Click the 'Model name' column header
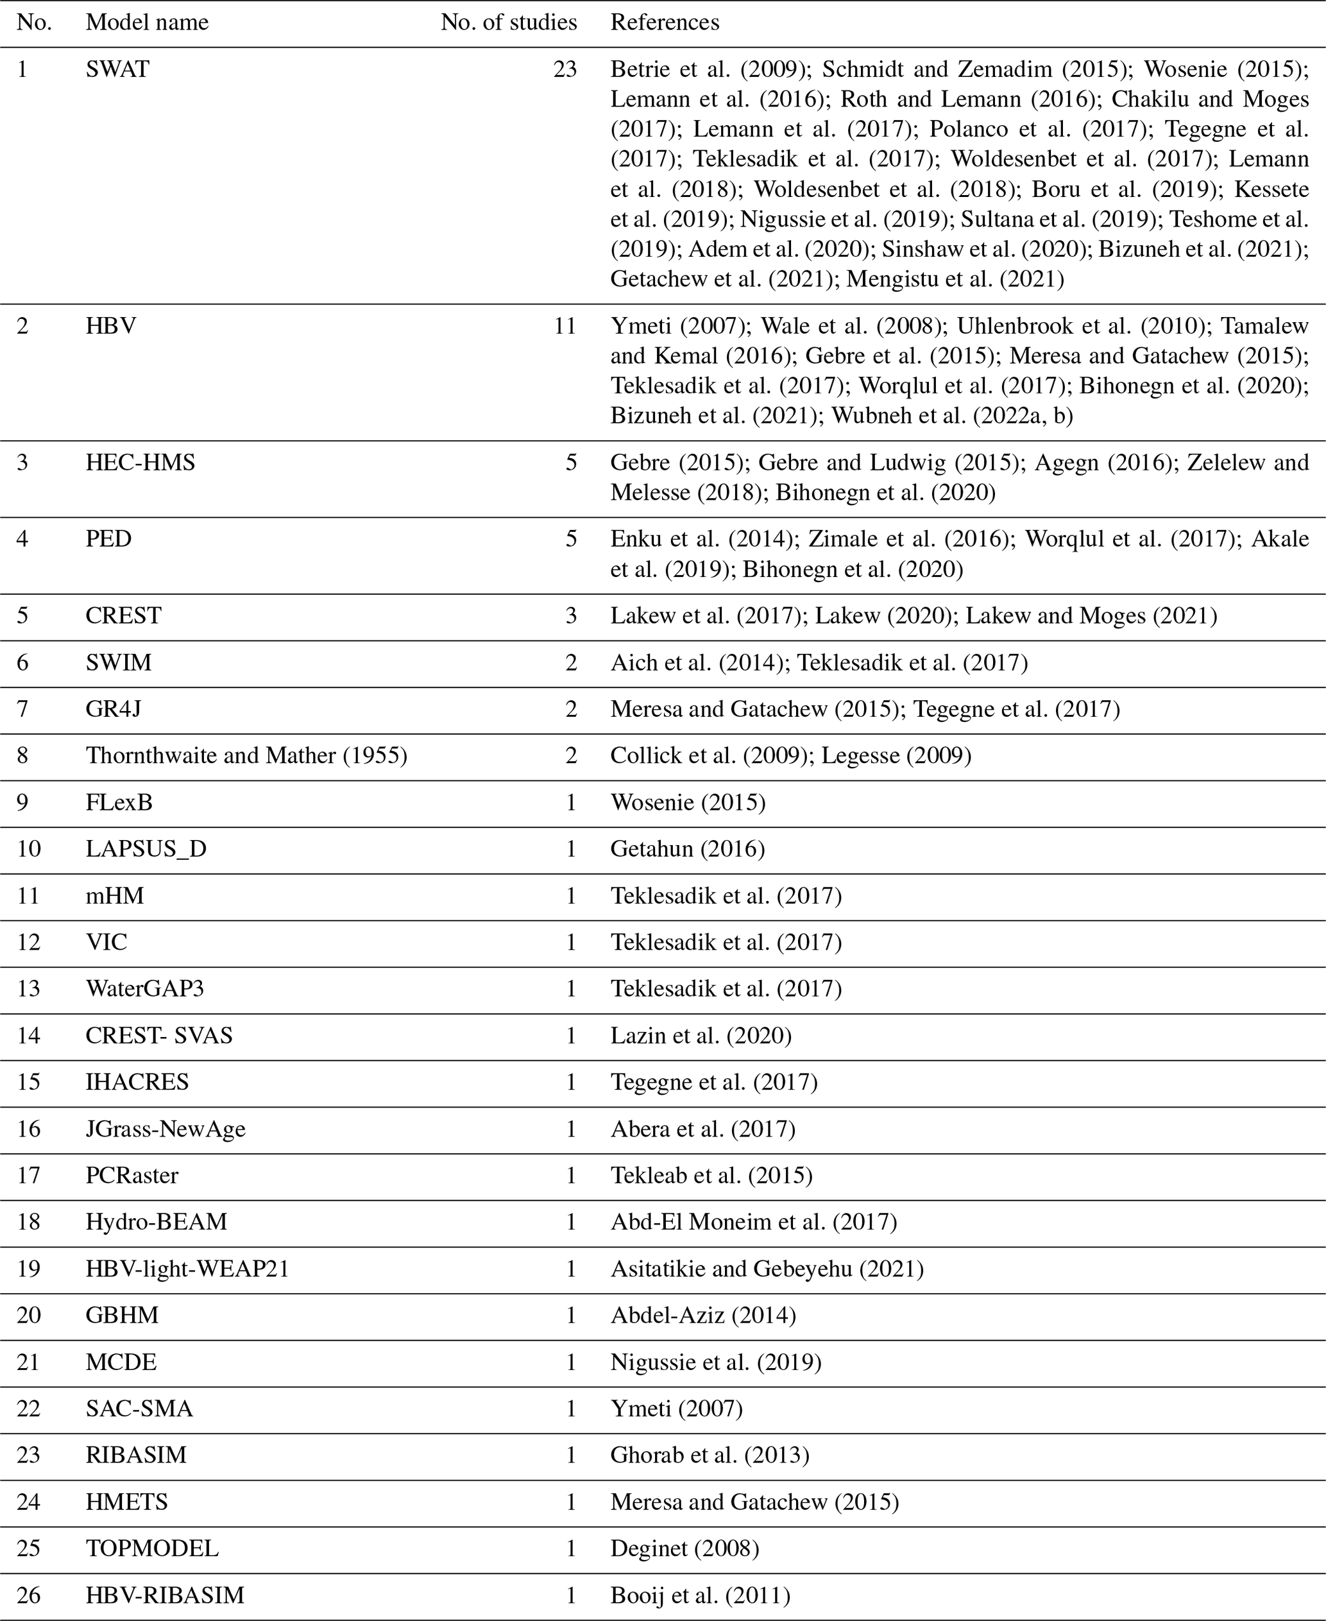(x=147, y=23)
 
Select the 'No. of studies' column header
(x=508, y=23)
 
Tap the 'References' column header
(x=665, y=23)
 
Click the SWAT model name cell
(x=117, y=69)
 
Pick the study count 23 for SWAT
(x=565, y=69)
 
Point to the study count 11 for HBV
(x=565, y=326)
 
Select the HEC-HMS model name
(x=140, y=463)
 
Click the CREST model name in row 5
(x=124, y=615)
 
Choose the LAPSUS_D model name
(x=146, y=849)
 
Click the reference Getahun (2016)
(x=688, y=849)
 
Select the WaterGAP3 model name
(x=145, y=988)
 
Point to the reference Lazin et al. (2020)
(x=701, y=1035)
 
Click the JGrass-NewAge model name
(x=166, y=1129)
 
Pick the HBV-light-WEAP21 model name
(x=188, y=1269)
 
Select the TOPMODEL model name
(x=152, y=1548)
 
